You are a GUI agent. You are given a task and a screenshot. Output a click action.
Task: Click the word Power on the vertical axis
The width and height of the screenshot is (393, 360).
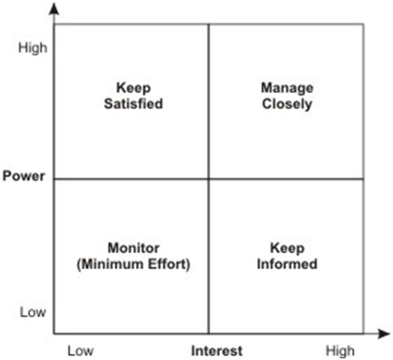click(x=24, y=176)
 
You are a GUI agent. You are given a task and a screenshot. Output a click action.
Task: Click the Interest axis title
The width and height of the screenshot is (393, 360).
click(x=217, y=351)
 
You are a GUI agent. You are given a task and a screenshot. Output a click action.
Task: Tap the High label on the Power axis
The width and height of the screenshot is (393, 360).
click(x=32, y=48)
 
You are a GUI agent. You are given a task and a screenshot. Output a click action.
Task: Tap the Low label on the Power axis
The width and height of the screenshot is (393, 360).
click(x=32, y=312)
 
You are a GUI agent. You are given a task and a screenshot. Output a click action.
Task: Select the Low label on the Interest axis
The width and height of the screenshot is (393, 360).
click(x=80, y=351)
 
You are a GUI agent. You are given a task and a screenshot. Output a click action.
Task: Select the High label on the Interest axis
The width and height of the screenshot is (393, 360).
click(x=340, y=351)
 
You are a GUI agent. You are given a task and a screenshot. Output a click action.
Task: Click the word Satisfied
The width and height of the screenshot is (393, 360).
click(x=133, y=103)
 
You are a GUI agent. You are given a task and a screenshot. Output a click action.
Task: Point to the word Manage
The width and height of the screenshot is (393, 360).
click(x=287, y=88)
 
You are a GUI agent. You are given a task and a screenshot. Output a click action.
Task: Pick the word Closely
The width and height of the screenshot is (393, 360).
click(x=287, y=104)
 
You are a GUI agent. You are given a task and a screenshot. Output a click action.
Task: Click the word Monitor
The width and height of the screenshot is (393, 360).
click(x=133, y=248)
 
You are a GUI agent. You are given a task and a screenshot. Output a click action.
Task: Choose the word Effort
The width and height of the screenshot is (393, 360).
click(x=167, y=264)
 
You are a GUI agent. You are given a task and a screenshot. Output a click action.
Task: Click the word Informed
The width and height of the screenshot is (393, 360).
click(x=287, y=264)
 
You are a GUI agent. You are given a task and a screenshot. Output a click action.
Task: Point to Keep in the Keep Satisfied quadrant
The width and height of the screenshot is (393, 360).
click(x=133, y=88)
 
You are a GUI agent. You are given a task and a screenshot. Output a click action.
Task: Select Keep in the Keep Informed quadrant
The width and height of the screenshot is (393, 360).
click(x=287, y=248)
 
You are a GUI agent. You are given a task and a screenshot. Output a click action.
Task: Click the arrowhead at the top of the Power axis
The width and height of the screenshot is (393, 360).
click(x=54, y=9)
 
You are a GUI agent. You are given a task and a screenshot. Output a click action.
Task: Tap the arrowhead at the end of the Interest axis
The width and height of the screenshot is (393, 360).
click(x=384, y=333)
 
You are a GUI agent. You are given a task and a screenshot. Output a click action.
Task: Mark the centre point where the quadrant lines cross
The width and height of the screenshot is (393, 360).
click(x=209, y=179)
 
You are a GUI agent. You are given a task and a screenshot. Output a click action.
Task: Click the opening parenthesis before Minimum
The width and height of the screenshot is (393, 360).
click(x=79, y=264)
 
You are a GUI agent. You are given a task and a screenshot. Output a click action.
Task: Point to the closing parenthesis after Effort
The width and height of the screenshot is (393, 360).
click(x=188, y=264)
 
